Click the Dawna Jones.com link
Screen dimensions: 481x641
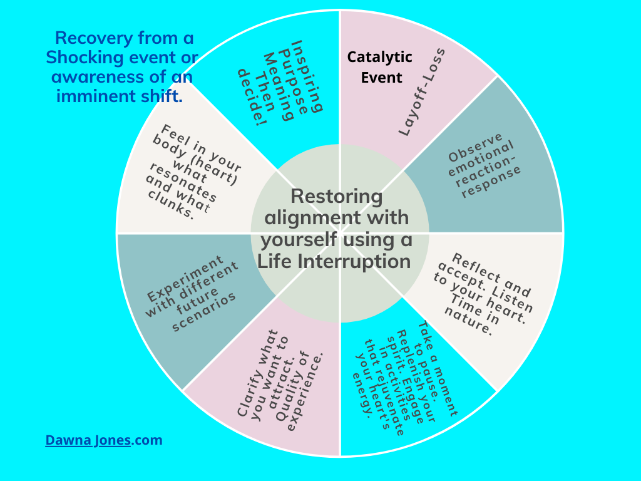click(x=104, y=440)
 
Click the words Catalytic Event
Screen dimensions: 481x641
click(x=380, y=68)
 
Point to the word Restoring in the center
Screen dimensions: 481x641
click(x=336, y=196)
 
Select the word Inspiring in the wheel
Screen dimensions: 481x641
click(x=309, y=76)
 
